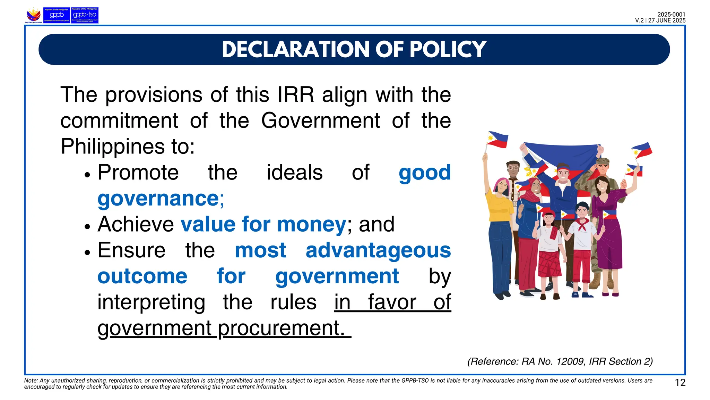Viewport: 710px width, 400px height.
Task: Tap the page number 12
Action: pyautogui.click(x=680, y=383)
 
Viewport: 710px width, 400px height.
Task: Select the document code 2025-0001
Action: pyautogui.click(x=671, y=15)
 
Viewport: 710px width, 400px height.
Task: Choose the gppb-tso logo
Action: pyautogui.click(x=85, y=15)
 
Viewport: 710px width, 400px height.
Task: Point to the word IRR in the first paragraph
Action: pyautogui.click(x=295, y=94)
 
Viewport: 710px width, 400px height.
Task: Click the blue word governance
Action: pyautogui.click(x=158, y=199)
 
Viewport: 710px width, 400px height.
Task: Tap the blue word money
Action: pyautogui.click(x=311, y=224)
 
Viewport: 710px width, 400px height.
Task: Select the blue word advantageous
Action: pyautogui.click(x=378, y=250)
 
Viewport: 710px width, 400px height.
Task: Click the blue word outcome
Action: pyautogui.click(x=142, y=276)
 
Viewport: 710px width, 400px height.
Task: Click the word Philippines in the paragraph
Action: pyautogui.click(x=113, y=147)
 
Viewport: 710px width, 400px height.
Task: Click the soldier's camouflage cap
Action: pyautogui.click(x=603, y=161)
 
